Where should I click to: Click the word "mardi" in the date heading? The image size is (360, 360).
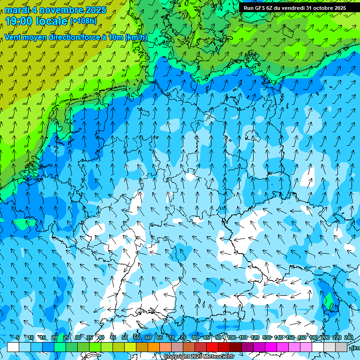[17, 10]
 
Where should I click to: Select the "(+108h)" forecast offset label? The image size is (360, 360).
[83, 21]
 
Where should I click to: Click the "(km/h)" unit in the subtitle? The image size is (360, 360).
[136, 37]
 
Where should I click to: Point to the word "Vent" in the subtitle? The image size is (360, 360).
[14, 37]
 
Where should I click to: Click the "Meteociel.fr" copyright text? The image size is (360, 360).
[216, 357]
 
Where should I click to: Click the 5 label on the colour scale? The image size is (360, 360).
[18, 338]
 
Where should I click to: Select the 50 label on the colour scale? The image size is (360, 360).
[125, 338]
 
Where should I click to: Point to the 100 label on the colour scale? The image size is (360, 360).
[232, 338]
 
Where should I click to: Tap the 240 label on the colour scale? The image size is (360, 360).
[349, 338]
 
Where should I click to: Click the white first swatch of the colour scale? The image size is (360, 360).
[13, 347]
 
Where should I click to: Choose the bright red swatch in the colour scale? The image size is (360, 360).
[212, 347]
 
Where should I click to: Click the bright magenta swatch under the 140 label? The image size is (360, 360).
[283, 347]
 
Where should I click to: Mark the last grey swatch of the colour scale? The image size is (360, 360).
[341, 347]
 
